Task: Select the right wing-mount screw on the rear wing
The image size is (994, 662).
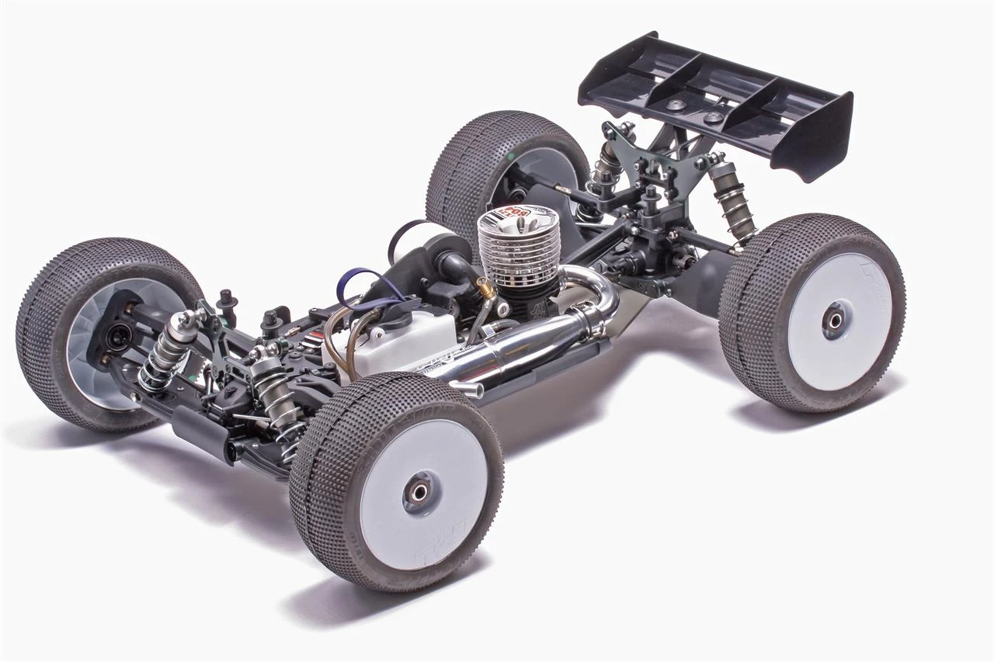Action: click(x=714, y=117)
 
